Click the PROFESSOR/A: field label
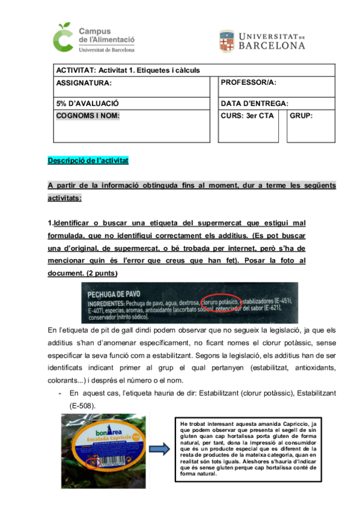(249, 82)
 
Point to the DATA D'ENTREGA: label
(255, 103)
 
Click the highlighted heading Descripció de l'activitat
(88, 161)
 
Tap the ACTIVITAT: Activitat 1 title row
(127, 70)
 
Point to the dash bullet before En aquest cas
(61, 393)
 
